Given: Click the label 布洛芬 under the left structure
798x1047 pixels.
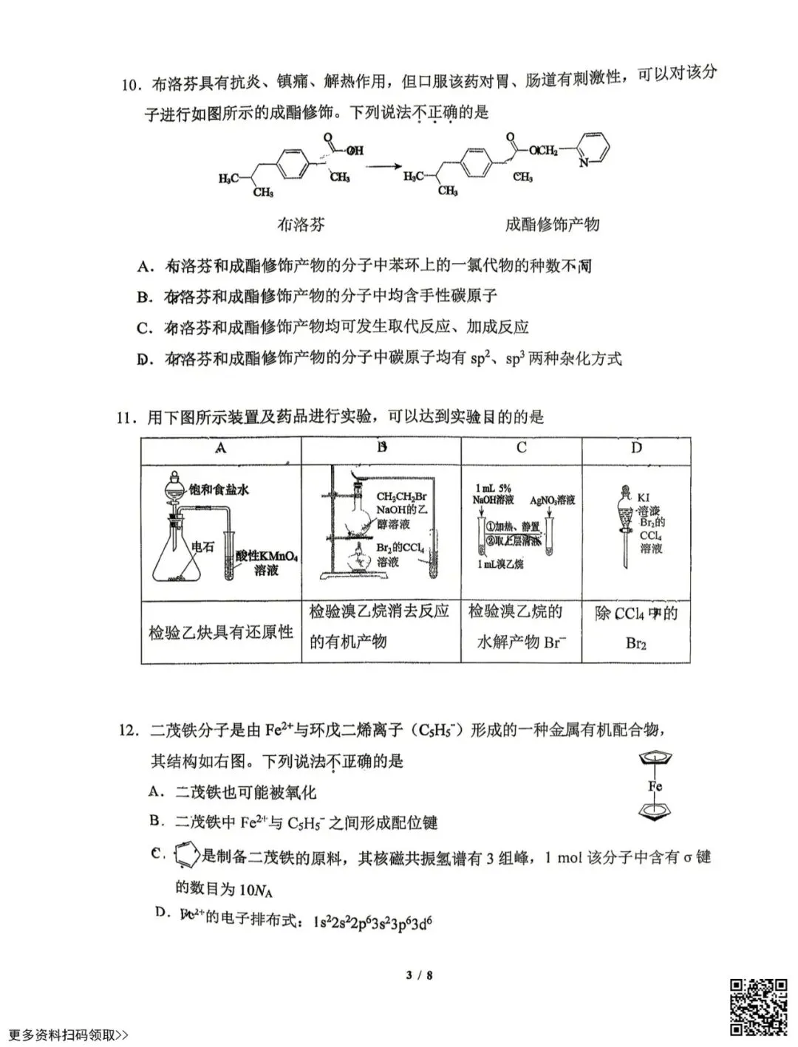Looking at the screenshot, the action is tap(301, 224).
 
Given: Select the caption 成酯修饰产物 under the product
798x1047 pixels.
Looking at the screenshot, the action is tap(551, 224).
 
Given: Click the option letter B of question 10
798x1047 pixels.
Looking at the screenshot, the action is tap(143, 297).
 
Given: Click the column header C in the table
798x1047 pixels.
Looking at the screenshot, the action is tap(522, 448).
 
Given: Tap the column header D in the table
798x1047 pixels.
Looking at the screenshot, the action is tap(636, 448).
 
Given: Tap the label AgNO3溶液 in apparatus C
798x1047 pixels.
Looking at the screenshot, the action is tap(553, 501).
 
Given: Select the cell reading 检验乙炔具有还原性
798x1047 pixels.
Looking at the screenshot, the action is tap(221, 633).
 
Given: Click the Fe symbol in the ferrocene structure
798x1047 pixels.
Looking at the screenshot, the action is tap(655, 786).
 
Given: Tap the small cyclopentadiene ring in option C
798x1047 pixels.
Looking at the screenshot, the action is tap(186, 857).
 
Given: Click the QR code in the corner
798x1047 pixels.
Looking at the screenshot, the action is tap(759, 1006).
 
